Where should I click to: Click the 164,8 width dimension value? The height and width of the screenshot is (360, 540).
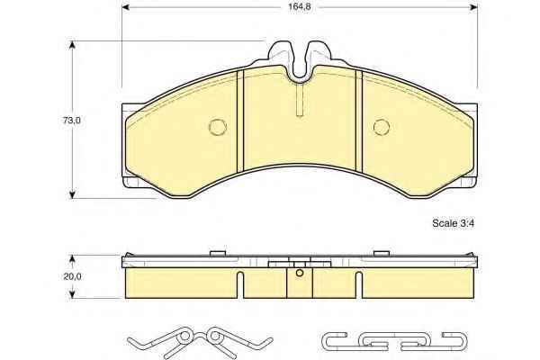pyautogui.click(x=300, y=7)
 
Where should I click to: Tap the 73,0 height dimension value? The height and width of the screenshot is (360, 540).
pyautogui.click(x=72, y=121)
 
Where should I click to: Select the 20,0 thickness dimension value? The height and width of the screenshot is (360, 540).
pyautogui.click(x=72, y=276)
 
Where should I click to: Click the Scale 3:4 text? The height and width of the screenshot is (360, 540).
pyautogui.click(x=454, y=223)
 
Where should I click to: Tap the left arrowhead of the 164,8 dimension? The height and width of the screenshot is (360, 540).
pyautogui.click(x=126, y=7)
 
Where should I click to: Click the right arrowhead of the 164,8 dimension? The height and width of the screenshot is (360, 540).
pyautogui.click(x=474, y=7)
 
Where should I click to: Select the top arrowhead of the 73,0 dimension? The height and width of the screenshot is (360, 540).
pyautogui.click(x=72, y=45)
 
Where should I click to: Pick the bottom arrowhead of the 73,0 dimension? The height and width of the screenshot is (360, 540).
pyautogui.click(x=72, y=194)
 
